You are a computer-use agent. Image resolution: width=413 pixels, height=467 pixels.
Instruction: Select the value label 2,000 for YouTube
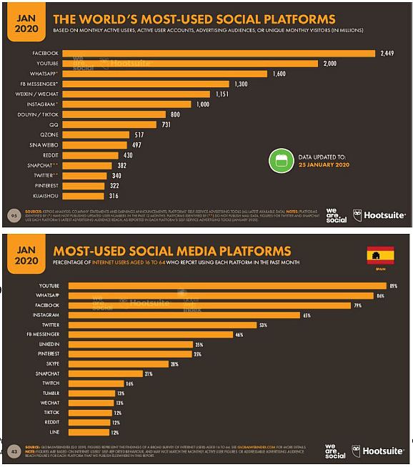click(329, 63)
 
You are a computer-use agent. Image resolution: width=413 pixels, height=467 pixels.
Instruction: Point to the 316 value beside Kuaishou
click(113, 196)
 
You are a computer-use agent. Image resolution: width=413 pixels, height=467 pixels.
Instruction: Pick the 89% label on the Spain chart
click(392, 286)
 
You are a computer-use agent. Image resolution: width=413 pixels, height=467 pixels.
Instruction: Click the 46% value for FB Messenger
click(239, 334)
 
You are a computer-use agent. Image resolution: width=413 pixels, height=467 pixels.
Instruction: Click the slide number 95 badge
click(14, 214)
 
